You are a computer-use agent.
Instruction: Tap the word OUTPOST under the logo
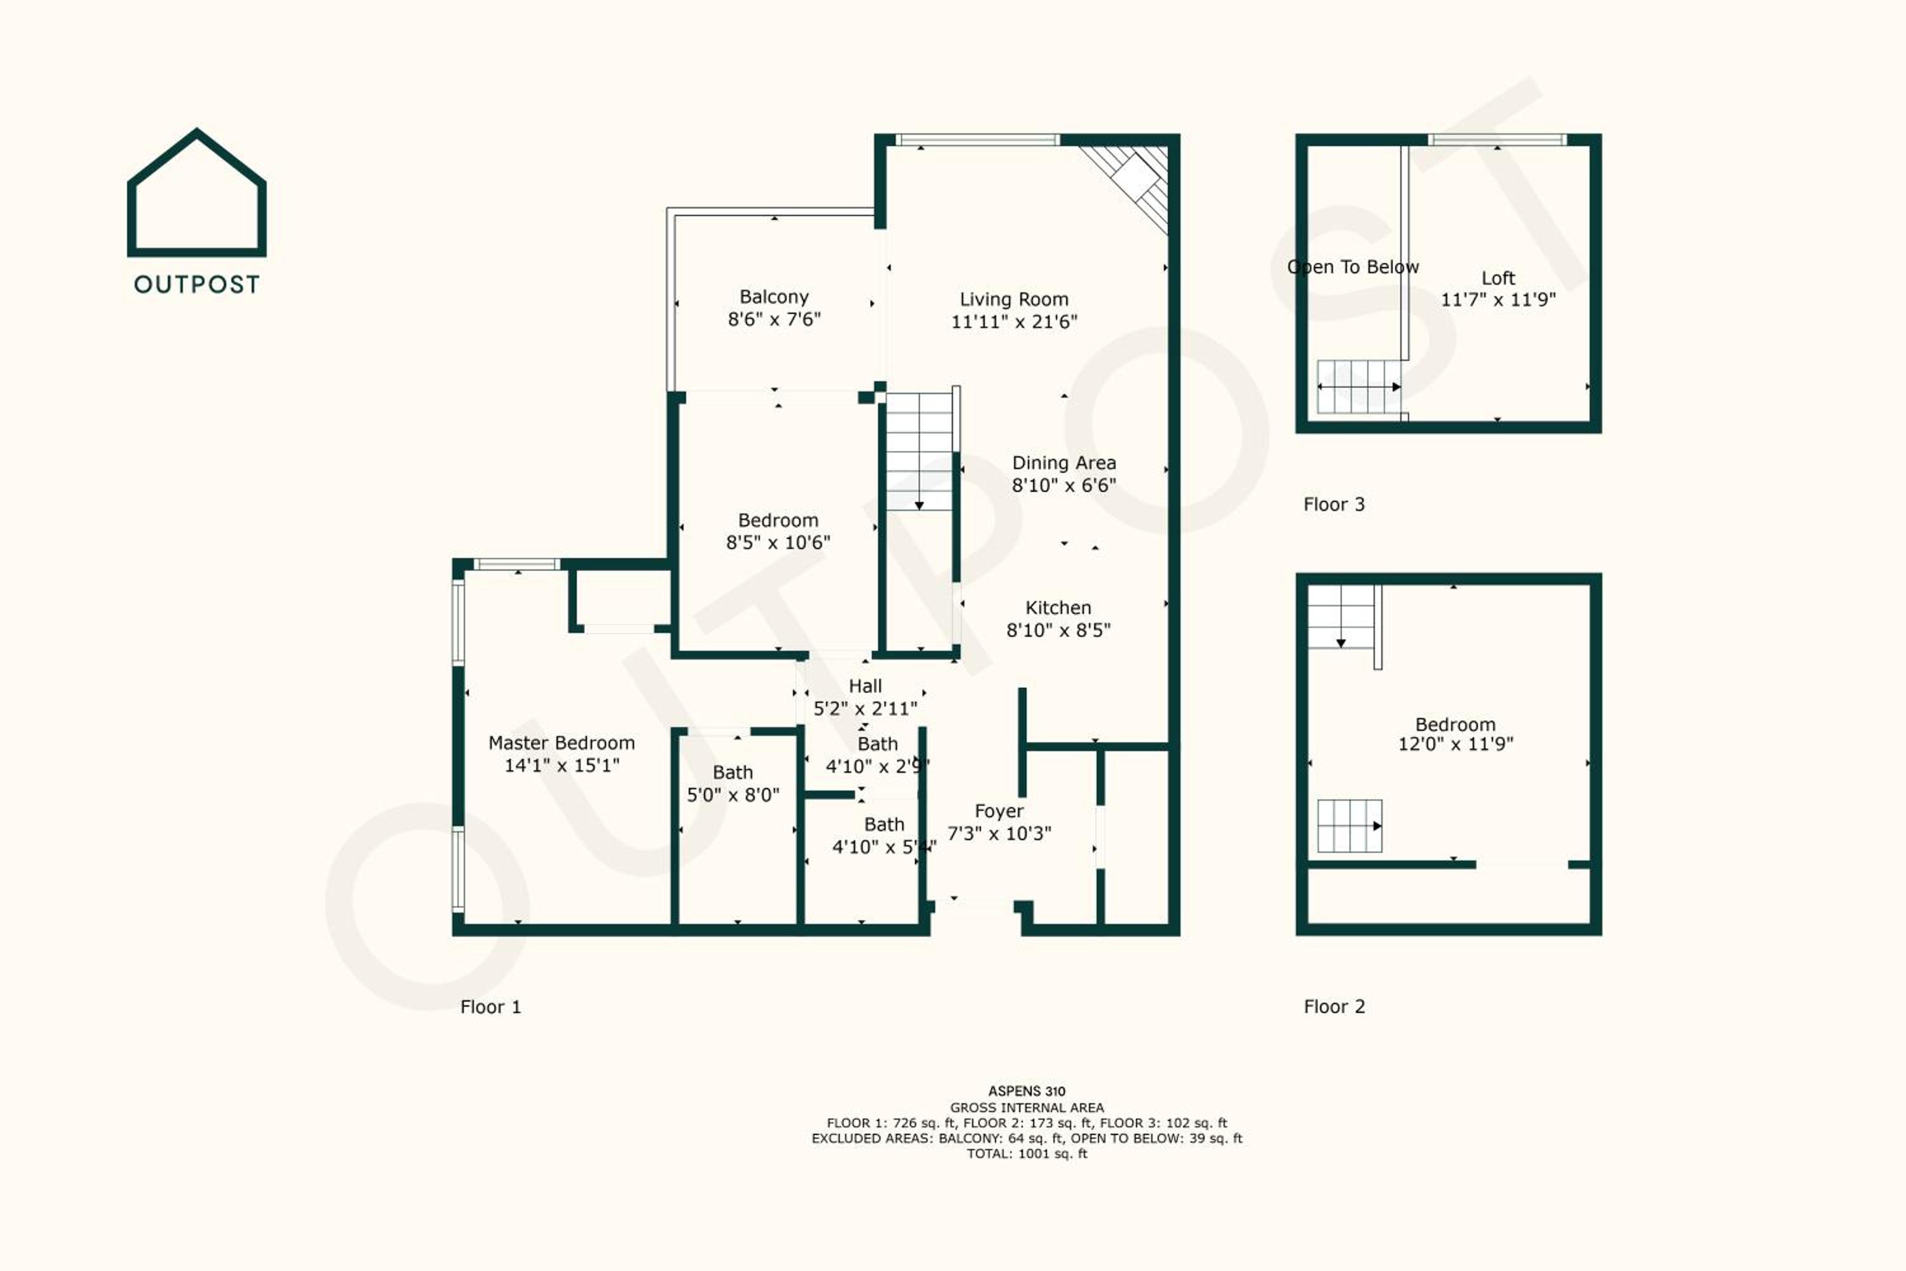[197, 285]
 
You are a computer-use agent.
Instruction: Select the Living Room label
[1014, 299]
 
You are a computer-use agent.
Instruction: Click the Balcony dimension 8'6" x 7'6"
[774, 320]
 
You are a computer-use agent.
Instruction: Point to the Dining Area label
[1064, 463]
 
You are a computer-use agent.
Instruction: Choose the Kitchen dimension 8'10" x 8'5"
[1058, 630]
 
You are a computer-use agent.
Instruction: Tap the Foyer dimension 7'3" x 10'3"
[999, 833]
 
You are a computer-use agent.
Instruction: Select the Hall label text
[865, 686]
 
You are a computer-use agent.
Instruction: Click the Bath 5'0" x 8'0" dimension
[733, 795]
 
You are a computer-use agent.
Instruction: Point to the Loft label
[1498, 278]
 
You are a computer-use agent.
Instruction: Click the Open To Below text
[1353, 267]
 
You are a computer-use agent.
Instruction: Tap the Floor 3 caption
[1334, 504]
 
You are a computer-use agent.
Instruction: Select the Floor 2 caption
[1334, 1007]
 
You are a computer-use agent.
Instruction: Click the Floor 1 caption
[490, 1007]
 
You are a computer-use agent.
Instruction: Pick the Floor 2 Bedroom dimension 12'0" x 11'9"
[1456, 744]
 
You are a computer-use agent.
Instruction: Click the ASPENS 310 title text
[1027, 1091]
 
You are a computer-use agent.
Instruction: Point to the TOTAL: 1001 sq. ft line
[1027, 1153]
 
